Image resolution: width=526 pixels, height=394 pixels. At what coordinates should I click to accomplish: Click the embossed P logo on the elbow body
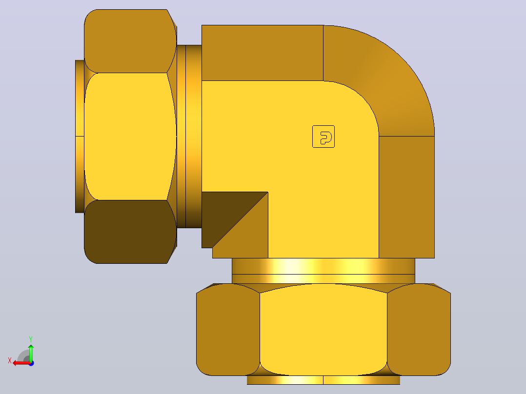pyautogui.click(x=324, y=137)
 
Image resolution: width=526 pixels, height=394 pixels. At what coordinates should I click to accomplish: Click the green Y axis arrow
pyautogui.click(x=31, y=353)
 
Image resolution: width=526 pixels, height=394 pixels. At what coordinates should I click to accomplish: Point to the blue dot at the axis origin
pyautogui.click(x=32, y=363)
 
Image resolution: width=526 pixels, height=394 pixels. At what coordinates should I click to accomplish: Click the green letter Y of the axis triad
pyautogui.click(x=31, y=339)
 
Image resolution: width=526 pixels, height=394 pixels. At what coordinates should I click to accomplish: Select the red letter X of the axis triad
pyautogui.click(x=10, y=360)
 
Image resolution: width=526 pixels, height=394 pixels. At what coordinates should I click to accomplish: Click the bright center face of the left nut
pyautogui.click(x=130, y=137)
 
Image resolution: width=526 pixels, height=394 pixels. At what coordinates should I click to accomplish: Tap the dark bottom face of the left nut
pyautogui.click(x=130, y=232)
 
